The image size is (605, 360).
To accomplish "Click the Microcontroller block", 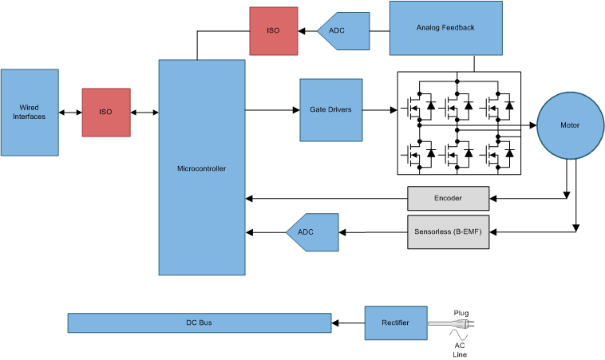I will click(x=201, y=168).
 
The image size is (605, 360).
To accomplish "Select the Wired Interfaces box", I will click(x=30, y=112).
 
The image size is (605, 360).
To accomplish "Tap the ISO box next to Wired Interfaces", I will click(x=105, y=112).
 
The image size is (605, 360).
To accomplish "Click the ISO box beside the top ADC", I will click(x=273, y=31).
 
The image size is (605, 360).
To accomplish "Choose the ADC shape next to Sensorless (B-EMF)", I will click(x=308, y=232).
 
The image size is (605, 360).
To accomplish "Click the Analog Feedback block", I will click(x=445, y=28).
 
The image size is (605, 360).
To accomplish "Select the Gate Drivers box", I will click(x=330, y=110).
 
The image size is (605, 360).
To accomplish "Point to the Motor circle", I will click(x=569, y=125).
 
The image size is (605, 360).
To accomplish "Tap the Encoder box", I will click(x=448, y=198).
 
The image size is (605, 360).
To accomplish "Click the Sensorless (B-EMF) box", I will click(x=448, y=232).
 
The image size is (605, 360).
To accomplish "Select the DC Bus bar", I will click(x=199, y=322).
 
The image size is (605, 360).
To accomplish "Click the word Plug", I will click(x=461, y=312).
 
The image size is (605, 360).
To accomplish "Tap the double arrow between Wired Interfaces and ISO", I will click(x=69, y=112).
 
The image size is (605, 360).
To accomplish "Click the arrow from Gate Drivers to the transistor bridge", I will click(x=380, y=110).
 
